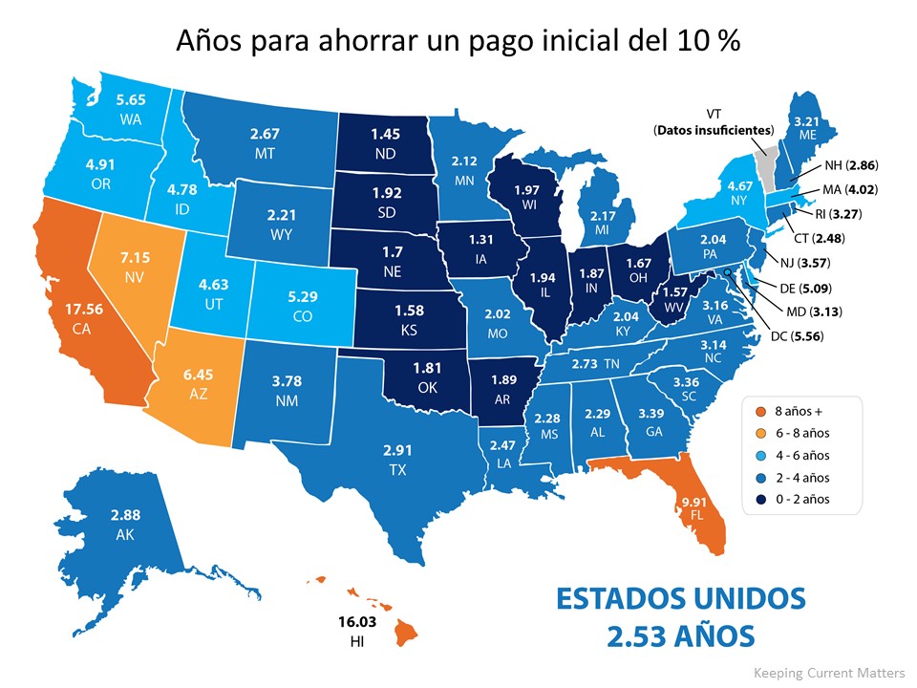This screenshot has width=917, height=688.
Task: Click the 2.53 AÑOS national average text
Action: point(680,634)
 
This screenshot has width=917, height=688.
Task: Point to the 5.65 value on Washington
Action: point(131,97)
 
